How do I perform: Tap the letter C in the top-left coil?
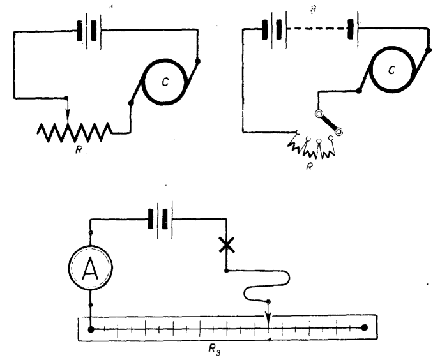click(x=165, y=82)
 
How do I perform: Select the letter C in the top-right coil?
click(x=391, y=70)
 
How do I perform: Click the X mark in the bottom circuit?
click(x=227, y=244)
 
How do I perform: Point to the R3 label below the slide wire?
click(x=215, y=349)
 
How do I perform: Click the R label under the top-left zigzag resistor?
click(x=79, y=150)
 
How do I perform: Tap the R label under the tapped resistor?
click(x=310, y=166)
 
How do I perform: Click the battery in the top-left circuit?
click(x=89, y=31)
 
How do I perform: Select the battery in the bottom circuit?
click(x=160, y=220)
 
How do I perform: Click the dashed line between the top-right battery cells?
click(x=317, y=29)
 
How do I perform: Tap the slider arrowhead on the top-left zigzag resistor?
click(x=68, y=114)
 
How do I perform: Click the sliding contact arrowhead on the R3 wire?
click(x=268, y=317)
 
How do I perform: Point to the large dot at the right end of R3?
click(x=365, y=327)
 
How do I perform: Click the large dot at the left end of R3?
click(x=91, y=329)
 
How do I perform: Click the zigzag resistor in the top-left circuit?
click(x=75, y=133)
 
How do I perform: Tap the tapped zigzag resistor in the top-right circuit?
click(x=312, y=149)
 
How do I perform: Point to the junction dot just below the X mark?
click(x=226, y=271)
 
